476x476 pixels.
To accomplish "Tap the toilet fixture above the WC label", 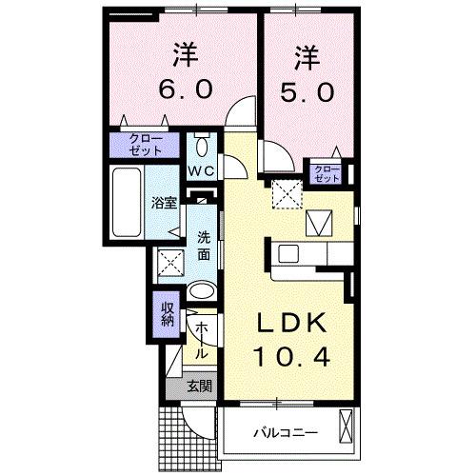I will tap(201, 147).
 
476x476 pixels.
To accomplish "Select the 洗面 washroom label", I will tap(204, 247).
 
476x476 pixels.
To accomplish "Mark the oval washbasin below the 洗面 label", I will tap(201, 291).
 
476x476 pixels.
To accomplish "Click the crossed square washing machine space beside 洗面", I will tap(169, 261).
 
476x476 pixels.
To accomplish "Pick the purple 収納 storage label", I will tap(166, 313).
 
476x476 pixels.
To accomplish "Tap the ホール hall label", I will tap(201, 340).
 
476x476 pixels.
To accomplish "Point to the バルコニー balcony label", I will tap(285, 433).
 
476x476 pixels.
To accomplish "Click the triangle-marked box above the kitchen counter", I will tap(319, 224).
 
